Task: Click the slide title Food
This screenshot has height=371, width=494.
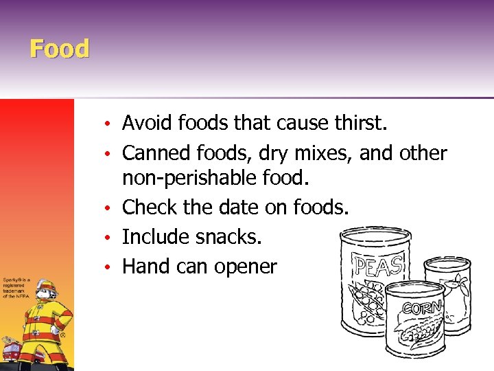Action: (x=60, y=49)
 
